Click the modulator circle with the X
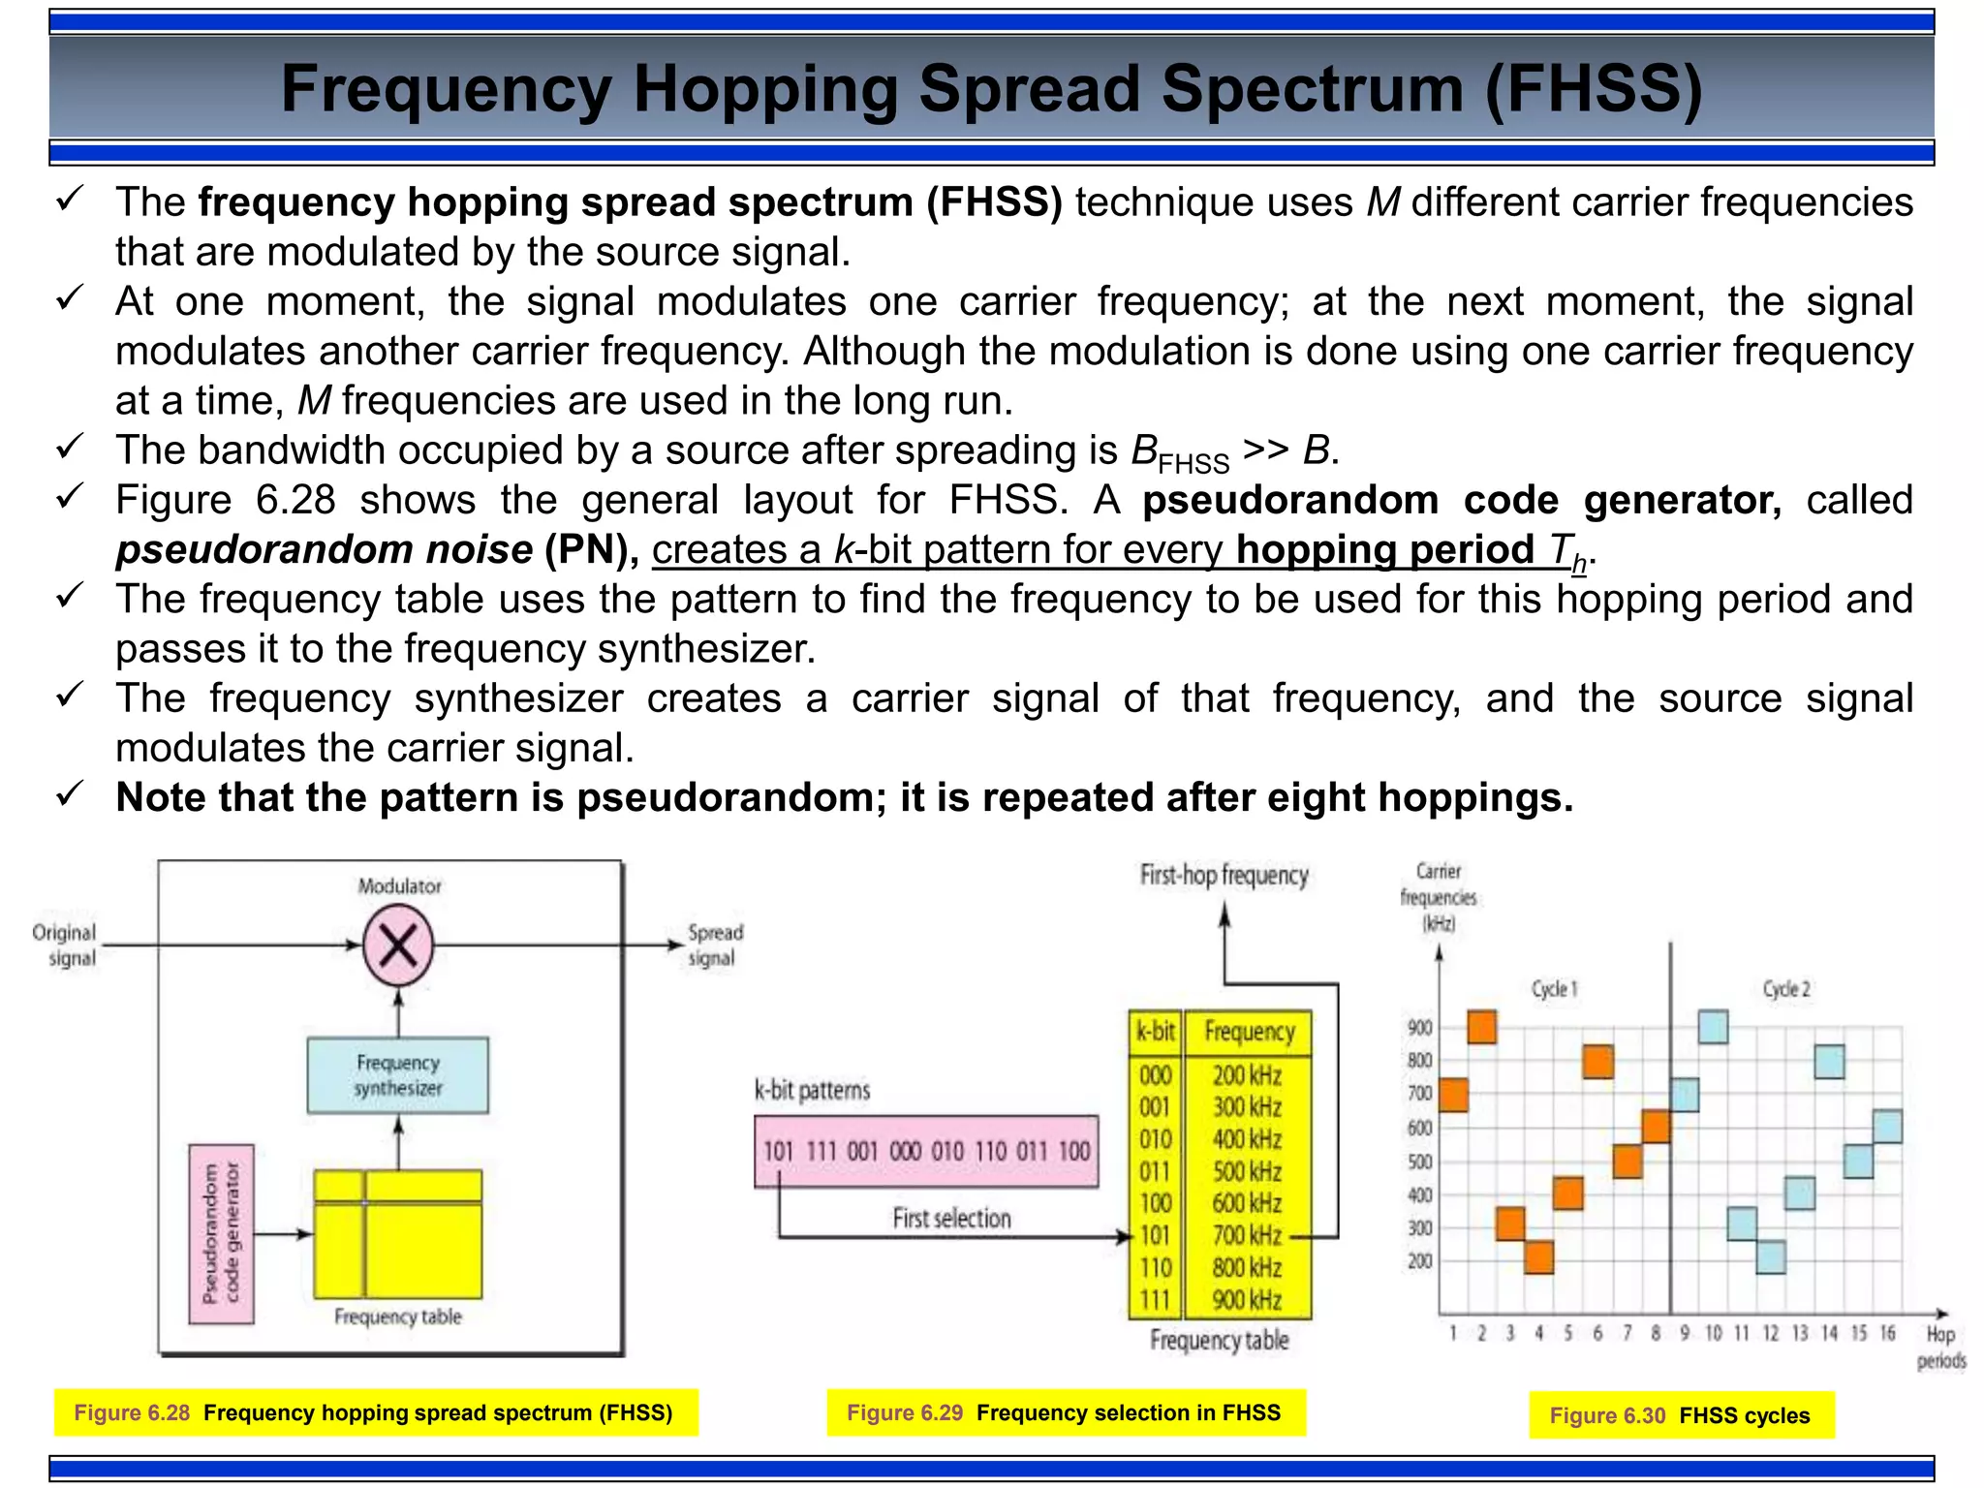(x=398, y=945)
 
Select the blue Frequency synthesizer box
(x=398, y=1075)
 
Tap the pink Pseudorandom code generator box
(x=222, y=1233)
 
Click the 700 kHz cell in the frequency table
(x=1247, y=1236)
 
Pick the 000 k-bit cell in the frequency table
(x=1155, y=1075)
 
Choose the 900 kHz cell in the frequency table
(x=1247, y=1300)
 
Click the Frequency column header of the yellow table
(x=1249, y=1032)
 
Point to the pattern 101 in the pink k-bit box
(x=778, y=1151)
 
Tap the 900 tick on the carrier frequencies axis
(x=1419, y=1028)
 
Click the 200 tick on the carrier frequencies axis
(x=1419, y=1260)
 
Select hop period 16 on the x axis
(x=1887, y=1334)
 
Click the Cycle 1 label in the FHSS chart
(x=1554, y=989)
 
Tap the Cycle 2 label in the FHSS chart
(x=1785, y=989)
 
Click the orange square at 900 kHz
(x=1481, y=1027)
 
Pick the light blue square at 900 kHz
(x=1713, y=1027)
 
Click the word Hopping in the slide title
(x=764, y=88)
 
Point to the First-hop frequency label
(x=1224, y=876)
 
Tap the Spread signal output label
(x=715, y=945)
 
